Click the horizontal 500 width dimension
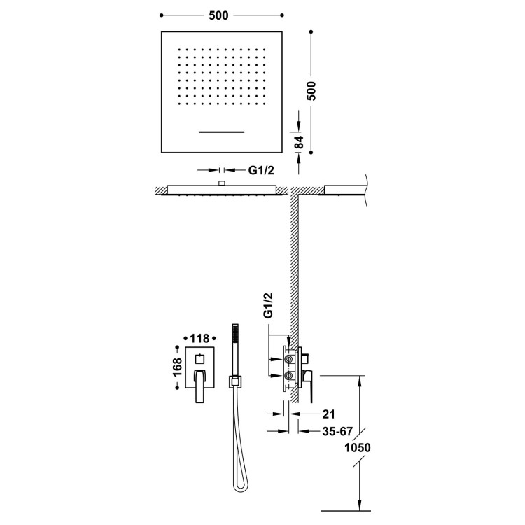(x=218, y=15)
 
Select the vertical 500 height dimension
(x=311, y=91)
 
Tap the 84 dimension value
(x=300, y=142)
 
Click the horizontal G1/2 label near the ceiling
(x=261, y=170)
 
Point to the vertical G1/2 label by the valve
(x=269, y=305)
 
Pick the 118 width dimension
(x=199, y=339)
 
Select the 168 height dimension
(x=177, y=367)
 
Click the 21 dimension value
(x=328, y=414)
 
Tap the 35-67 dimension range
(x=337, y=432)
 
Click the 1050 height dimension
(x=358, y=448)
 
